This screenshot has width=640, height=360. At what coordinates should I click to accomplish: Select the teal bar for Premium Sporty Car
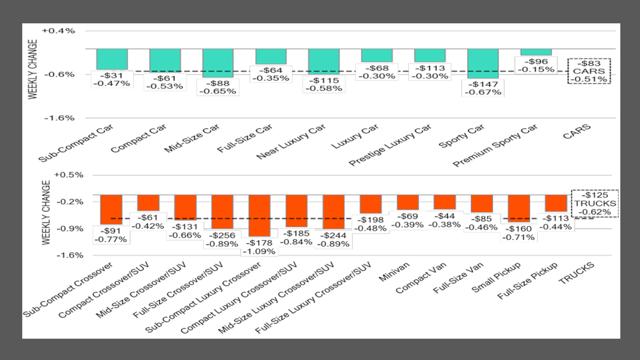536,52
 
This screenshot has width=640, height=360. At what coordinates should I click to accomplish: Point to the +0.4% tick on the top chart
59,31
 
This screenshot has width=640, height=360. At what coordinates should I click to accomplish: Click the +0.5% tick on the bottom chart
69,175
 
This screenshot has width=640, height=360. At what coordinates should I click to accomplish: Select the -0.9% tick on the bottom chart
70,229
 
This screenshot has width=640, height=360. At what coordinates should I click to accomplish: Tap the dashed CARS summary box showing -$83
589,71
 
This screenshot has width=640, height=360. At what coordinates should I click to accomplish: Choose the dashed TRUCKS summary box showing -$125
595,203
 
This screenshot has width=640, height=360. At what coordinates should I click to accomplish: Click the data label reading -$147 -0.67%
482,88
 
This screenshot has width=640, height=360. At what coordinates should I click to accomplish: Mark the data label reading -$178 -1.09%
259,247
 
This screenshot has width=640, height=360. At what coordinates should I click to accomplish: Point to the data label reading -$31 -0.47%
112,80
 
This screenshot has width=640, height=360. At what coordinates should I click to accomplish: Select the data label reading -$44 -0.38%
444,220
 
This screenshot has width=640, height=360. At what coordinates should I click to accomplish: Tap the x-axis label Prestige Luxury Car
390,146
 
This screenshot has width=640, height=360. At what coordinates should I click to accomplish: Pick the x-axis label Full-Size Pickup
527,280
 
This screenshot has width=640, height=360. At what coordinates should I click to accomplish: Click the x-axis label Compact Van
421,278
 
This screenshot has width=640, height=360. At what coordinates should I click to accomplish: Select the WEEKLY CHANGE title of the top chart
33,69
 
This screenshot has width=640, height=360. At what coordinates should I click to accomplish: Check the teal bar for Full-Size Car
271,56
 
